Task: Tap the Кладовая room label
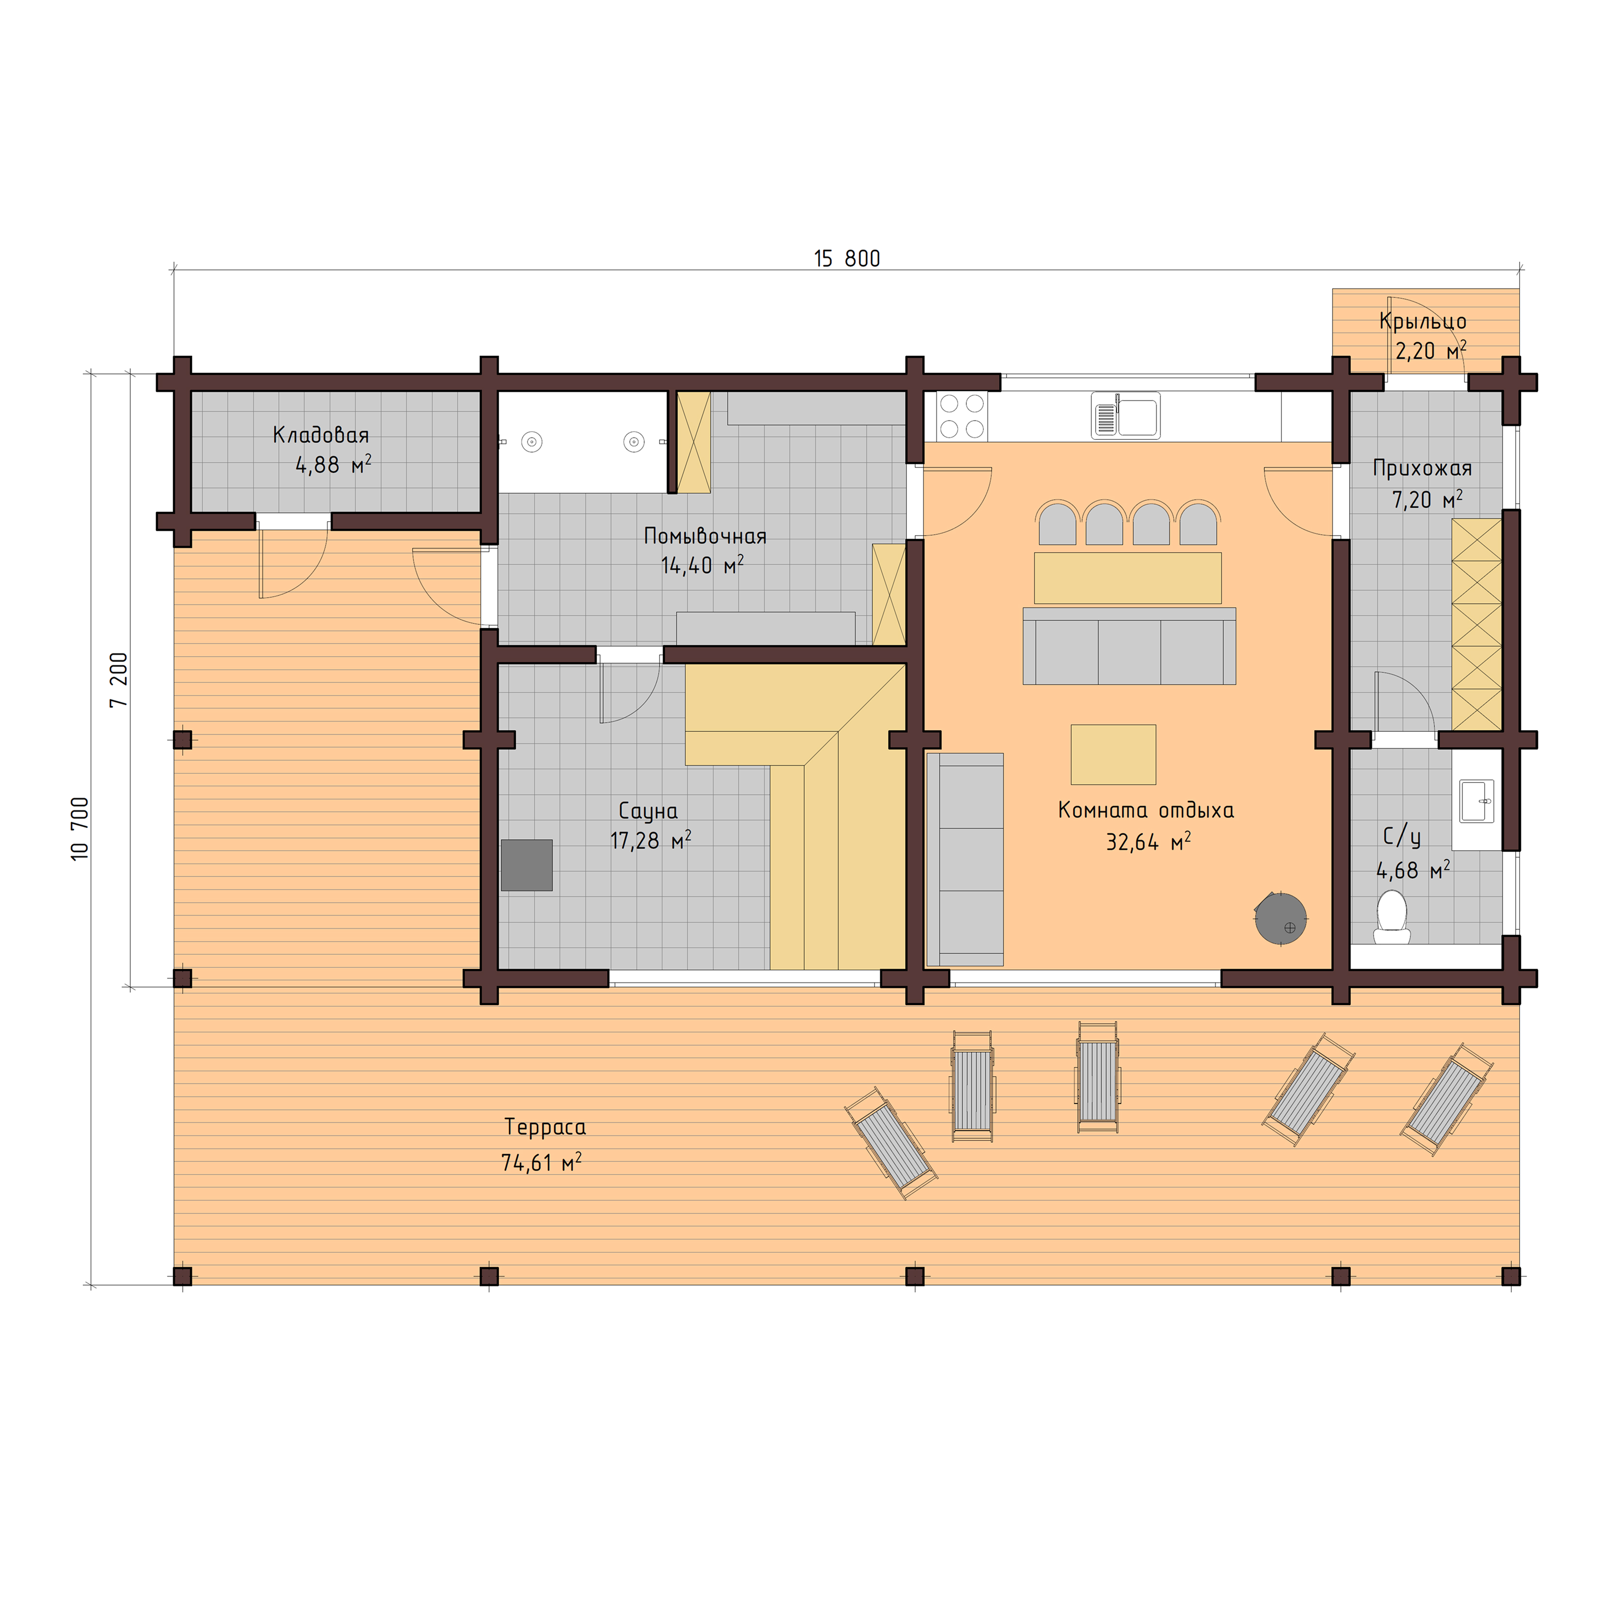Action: (321, 435)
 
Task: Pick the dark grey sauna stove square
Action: (527, 865)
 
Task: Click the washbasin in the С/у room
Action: (1476, 801)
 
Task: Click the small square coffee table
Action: (1113, 754)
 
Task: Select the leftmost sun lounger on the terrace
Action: (891, 1143)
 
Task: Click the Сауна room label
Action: (648, 811)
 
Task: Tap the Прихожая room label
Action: (1422, 468)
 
